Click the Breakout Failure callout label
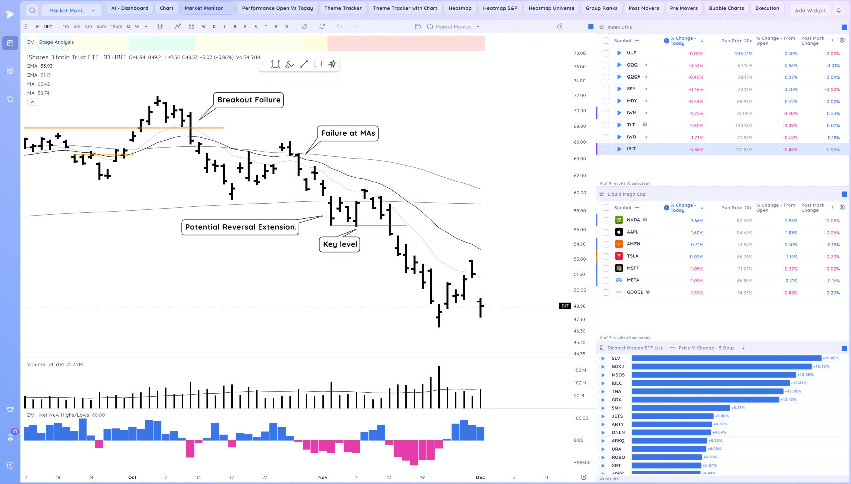tap(248, 100)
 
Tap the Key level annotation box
tap(339, 244)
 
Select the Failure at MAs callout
tap(348, 133)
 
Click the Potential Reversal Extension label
tap(240, 227)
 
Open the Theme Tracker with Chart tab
tap(405, 8)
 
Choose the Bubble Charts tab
tap(726, 8)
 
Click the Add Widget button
tap(810, 11)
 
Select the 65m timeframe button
tap(101, 27)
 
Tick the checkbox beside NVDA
tap(606, 220)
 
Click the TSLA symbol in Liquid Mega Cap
tap(632, 256)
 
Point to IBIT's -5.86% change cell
tap(696, 150)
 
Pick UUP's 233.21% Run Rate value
tap(743, 54)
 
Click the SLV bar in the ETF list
tap(726, 358)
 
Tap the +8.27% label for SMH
tap(738, 408)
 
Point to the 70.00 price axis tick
tap(580, 111)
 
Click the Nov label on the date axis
tap(323, 477)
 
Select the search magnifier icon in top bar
tap(32, 10)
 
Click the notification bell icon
tap(839, 10)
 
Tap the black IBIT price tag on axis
tap(564, 306)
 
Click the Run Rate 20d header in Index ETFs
tap(736, 41)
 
